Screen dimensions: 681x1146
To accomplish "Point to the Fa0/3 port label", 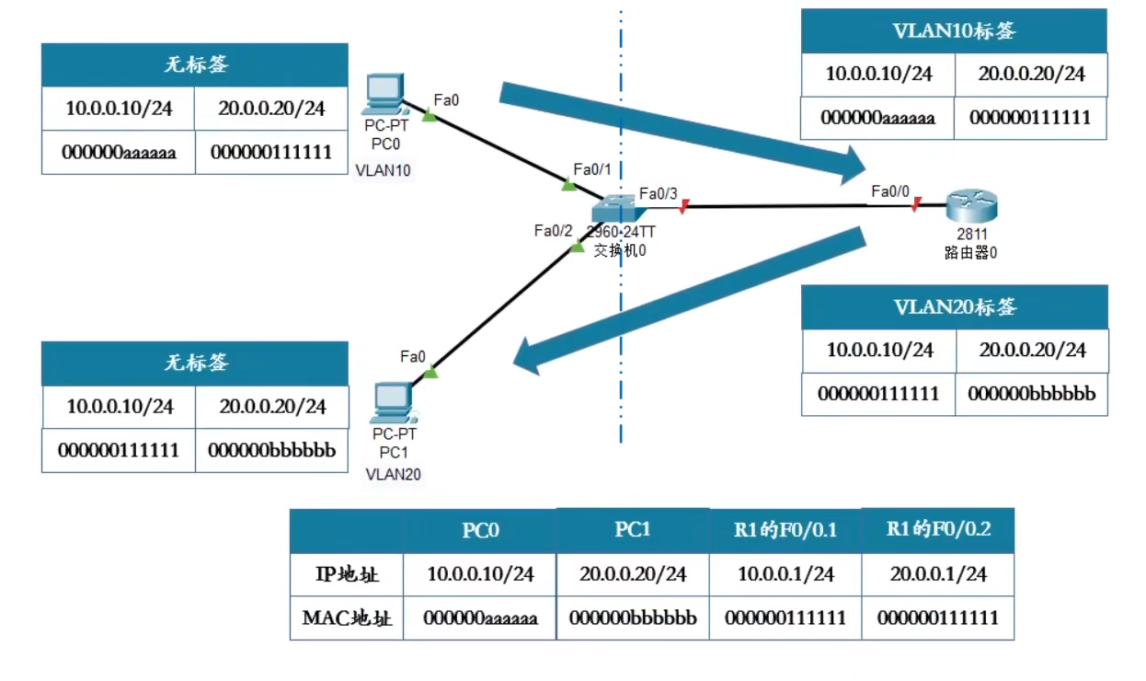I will pos(659,193).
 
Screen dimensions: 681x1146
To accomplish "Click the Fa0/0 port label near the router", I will pos(890,191).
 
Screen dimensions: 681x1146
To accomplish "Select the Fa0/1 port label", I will pos(592,169).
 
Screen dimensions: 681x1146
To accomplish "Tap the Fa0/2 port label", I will pos(553,230).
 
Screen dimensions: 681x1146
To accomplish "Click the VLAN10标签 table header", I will pos(954,30).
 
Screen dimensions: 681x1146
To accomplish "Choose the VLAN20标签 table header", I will pos(955,307).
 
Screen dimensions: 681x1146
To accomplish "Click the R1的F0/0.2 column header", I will pos(937,530).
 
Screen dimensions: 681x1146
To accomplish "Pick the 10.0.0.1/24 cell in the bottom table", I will pos(785,574).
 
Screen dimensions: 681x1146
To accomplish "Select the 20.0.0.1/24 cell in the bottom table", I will pos(937,574).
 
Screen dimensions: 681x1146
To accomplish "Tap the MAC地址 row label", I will pos(347,618).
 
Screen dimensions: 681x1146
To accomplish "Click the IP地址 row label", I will pos(347,574).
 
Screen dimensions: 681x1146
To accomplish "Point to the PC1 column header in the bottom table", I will pos(632,530).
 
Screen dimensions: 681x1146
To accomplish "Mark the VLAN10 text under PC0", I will pos(383,169).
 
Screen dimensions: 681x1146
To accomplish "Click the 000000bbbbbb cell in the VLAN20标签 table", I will pos(1031,394).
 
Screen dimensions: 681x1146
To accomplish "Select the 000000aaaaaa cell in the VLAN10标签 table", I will pos(877,118).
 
